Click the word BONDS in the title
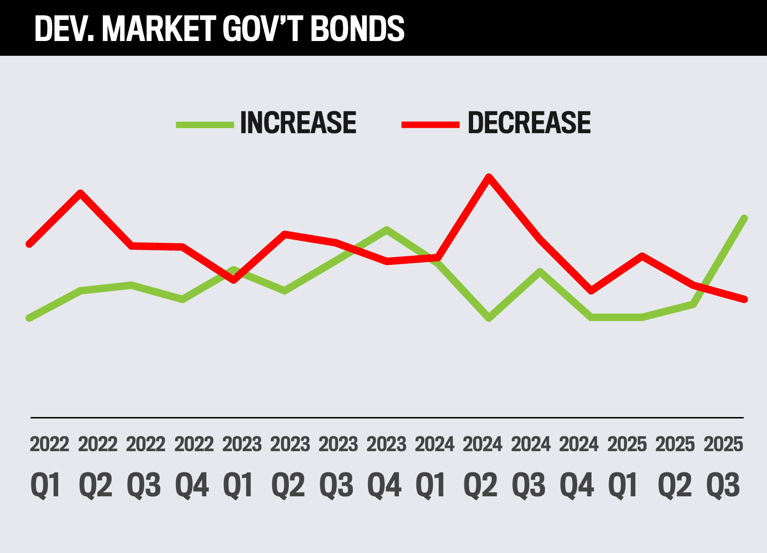coord(357,29)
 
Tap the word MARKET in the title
coord(158,29)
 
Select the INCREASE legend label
coord(298,123)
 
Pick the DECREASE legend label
coord(529,123)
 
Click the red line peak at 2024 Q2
coord(489,176)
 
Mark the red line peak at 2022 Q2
coord(81,193)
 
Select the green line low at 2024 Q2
coord(489,318)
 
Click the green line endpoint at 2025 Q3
coord(744,218)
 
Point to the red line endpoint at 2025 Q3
coord(744,300)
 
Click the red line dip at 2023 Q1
coord(234,280)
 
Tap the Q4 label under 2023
coord(384,485)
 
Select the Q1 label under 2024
coord(431,485)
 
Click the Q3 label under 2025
coord(723,485)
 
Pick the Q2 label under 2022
coord(96,485)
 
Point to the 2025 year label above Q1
coord(627,445)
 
